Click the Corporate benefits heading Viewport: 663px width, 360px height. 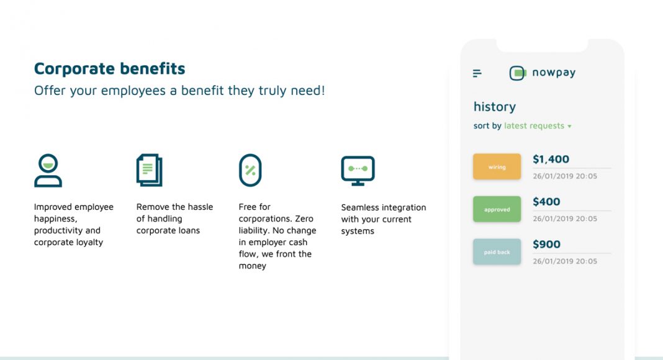109,68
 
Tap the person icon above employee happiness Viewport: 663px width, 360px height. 48,170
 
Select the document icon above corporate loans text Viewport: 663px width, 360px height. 149,170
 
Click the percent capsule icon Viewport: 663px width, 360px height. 250,170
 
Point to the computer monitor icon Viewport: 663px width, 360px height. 358,171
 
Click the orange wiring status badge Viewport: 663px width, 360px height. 497,167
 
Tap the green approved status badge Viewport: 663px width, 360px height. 497,209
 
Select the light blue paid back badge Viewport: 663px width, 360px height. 497,252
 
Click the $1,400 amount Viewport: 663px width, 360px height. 551,160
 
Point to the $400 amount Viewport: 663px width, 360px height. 546,202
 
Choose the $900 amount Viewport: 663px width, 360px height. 546,244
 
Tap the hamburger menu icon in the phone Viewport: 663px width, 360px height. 477,73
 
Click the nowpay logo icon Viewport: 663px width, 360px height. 518,73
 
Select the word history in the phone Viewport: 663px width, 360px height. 495,107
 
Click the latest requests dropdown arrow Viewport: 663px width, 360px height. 569,127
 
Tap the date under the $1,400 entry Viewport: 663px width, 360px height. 565,176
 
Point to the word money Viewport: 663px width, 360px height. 253,266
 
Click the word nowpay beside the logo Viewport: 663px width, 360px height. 554,73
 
